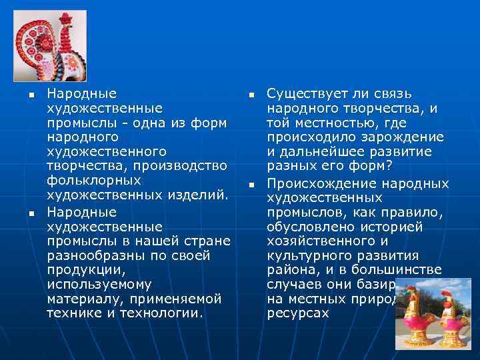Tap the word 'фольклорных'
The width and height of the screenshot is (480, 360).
93,180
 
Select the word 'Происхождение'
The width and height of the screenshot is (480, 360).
318,183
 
